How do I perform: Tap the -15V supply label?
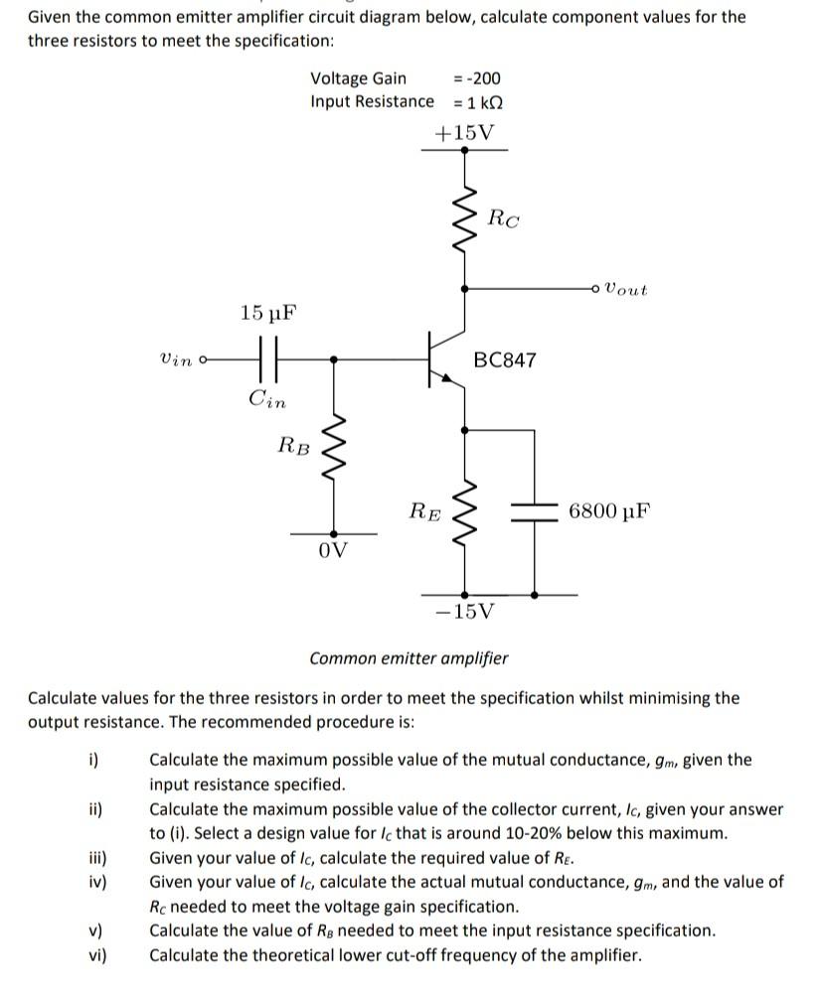464,611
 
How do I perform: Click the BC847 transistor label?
505,359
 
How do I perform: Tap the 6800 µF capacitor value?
610,512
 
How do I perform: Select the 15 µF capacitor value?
267,314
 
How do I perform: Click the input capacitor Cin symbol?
267,359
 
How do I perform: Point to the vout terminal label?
625,290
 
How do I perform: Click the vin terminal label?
177,359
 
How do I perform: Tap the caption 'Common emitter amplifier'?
409,658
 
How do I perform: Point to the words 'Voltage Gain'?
358,78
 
